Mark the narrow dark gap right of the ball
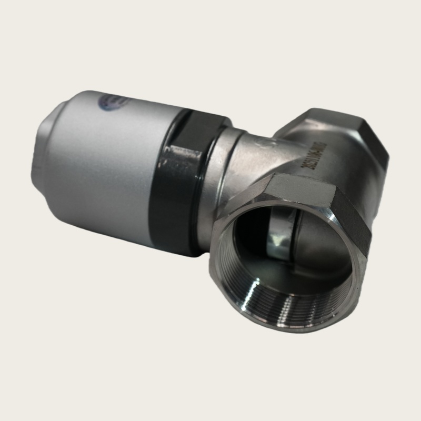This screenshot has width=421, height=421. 303,232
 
